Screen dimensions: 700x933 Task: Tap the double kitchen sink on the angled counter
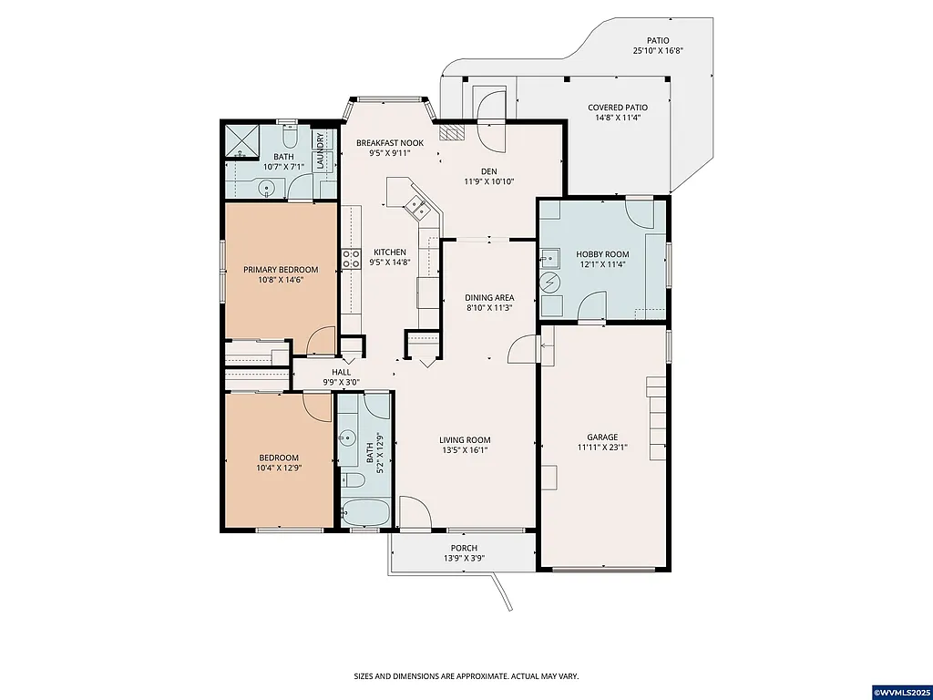[x=420, y=207]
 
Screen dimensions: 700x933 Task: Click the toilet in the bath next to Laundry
[x=288, y=138]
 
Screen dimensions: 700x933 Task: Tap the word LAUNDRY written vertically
[x=320, y=150]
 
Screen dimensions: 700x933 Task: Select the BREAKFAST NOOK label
[x=390, y=143]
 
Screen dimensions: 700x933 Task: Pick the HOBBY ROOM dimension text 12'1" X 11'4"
[x=602, y=264]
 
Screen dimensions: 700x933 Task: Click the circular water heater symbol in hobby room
[x=550, y=283]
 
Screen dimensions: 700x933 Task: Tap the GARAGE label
[x=602, y=437]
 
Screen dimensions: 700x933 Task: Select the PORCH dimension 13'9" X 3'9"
[x=460, y=558]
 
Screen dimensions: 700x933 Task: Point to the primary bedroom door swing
[x=321, y=341]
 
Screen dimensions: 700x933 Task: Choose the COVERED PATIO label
[x=617, y=107]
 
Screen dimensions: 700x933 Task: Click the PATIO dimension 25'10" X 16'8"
[x=658, y=51]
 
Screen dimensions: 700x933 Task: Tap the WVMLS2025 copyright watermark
[x=902, y=693]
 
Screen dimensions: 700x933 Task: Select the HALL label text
[x=341, y=372]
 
